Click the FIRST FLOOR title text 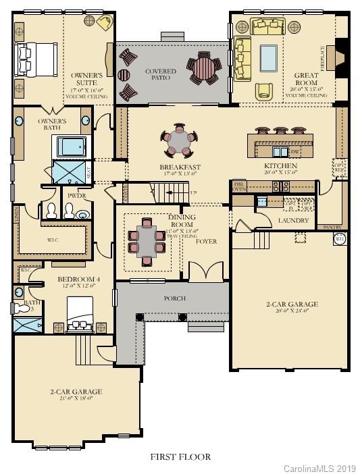pyautogui.click(x=180, y=456)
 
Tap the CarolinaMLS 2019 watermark pyautogui.click(x=319, y=467)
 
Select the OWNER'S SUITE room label pyautogui.click(x=87, y=79)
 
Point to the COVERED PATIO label pyautogui.click(x=160, y=74)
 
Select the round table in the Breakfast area pyautogui.click(x=180, y=142)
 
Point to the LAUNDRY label pyautogui.click(x=294, y=220)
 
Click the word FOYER pyautogui.click(x=206, y=241)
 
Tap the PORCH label pyautogui.click(x=174, y=298)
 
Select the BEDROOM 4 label pyautogui.click(x=76, y=279)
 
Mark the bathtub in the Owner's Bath pyautogui.click(x=71, y=147)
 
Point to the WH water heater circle pyautogui.click(x=340, y=238)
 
